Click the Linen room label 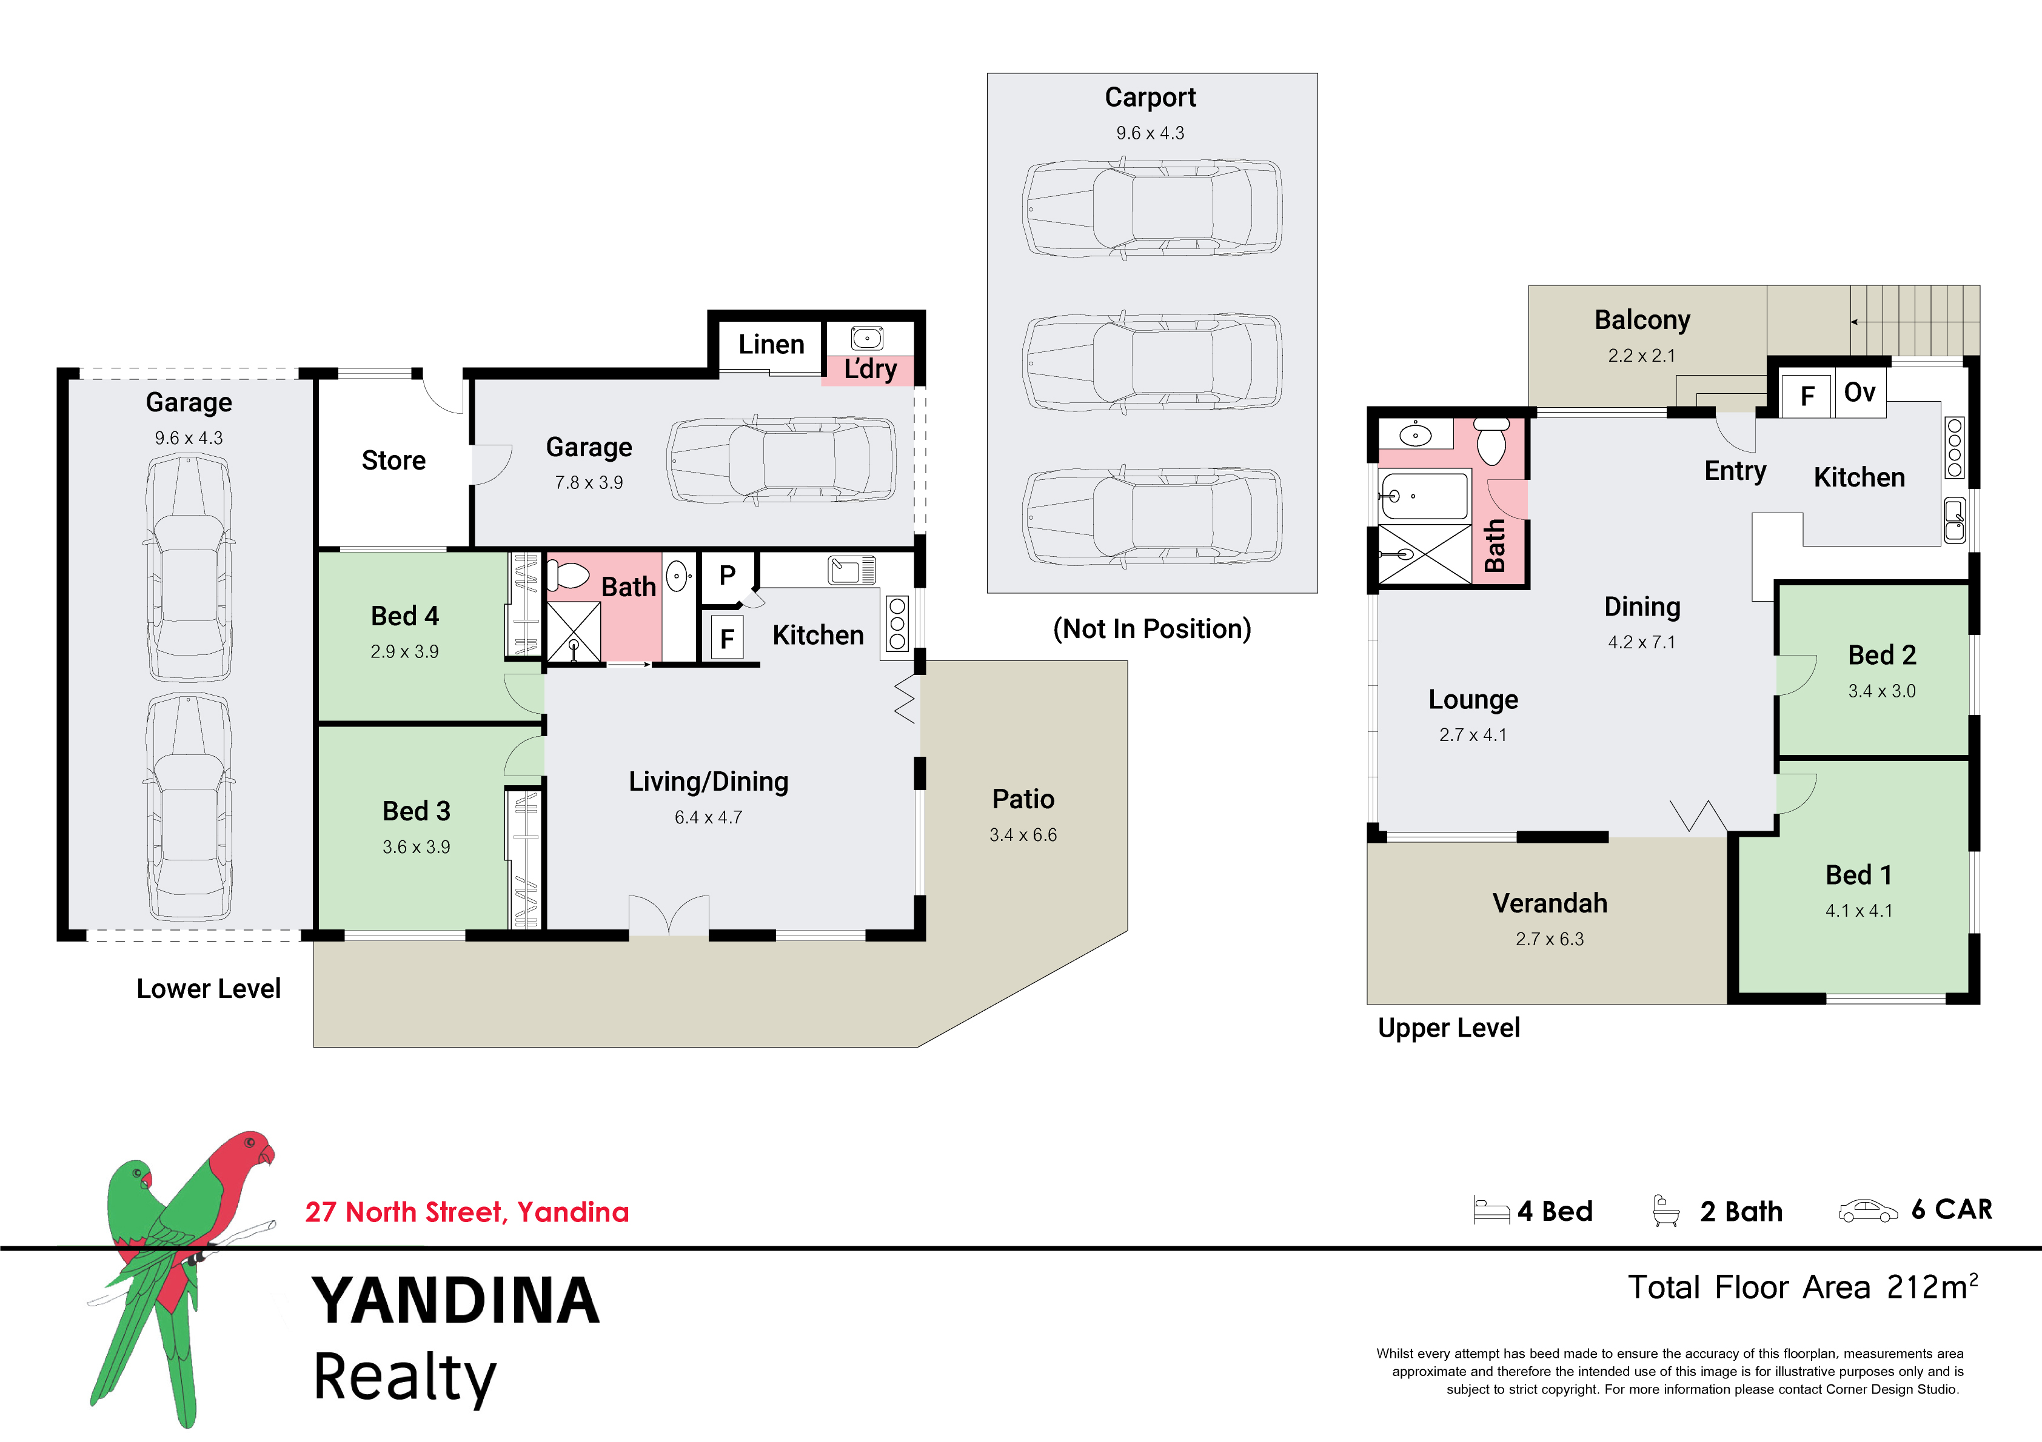pos(771,344)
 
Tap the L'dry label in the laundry pos(870,369)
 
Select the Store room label pos(393,460)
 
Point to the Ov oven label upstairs pos(1860,392)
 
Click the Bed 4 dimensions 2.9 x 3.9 pos(404,652)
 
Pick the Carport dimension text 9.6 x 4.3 pos(1150,133)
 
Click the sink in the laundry pos(867,338)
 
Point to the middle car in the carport pos(1152,362)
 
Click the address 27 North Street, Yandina pos(467,1212)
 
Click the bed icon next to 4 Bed pos(1491,1210)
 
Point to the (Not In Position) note pos(1152,630)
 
